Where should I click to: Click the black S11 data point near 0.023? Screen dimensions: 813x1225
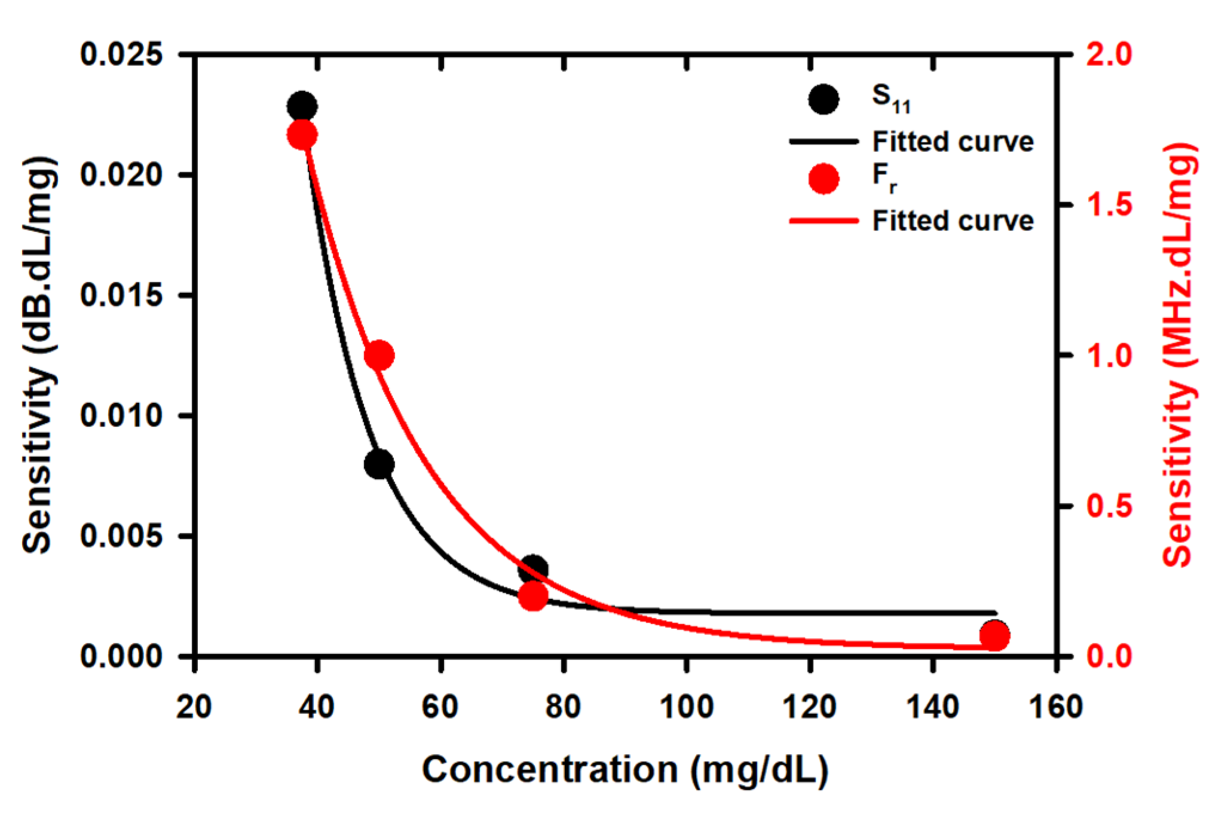coord(302,106)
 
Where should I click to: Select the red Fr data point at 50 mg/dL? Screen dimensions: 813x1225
coord(379,356)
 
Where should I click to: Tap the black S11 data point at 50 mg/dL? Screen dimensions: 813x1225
coord(379,464)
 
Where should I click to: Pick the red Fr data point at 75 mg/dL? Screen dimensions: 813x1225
coord(533,596)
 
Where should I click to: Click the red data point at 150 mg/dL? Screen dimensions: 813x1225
coord(995,636)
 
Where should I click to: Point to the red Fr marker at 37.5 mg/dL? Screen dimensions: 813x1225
coord(302,135)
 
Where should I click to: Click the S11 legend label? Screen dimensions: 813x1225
coord(890,99)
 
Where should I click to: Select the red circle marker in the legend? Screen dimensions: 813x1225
coord(823,179)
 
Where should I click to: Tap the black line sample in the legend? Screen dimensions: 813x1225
coord(823,142)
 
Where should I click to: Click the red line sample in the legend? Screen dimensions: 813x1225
coord(823,221)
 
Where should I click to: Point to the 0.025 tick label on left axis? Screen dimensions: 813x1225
coord(121,54)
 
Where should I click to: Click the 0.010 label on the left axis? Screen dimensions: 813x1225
coord(121,415)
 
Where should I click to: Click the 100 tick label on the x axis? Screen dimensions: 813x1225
coord(687,707)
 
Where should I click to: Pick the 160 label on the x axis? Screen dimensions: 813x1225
coord(1056,707)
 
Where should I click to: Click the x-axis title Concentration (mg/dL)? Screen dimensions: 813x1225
coord(625,769)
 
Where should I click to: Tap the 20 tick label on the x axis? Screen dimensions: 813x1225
coord(194,707)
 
